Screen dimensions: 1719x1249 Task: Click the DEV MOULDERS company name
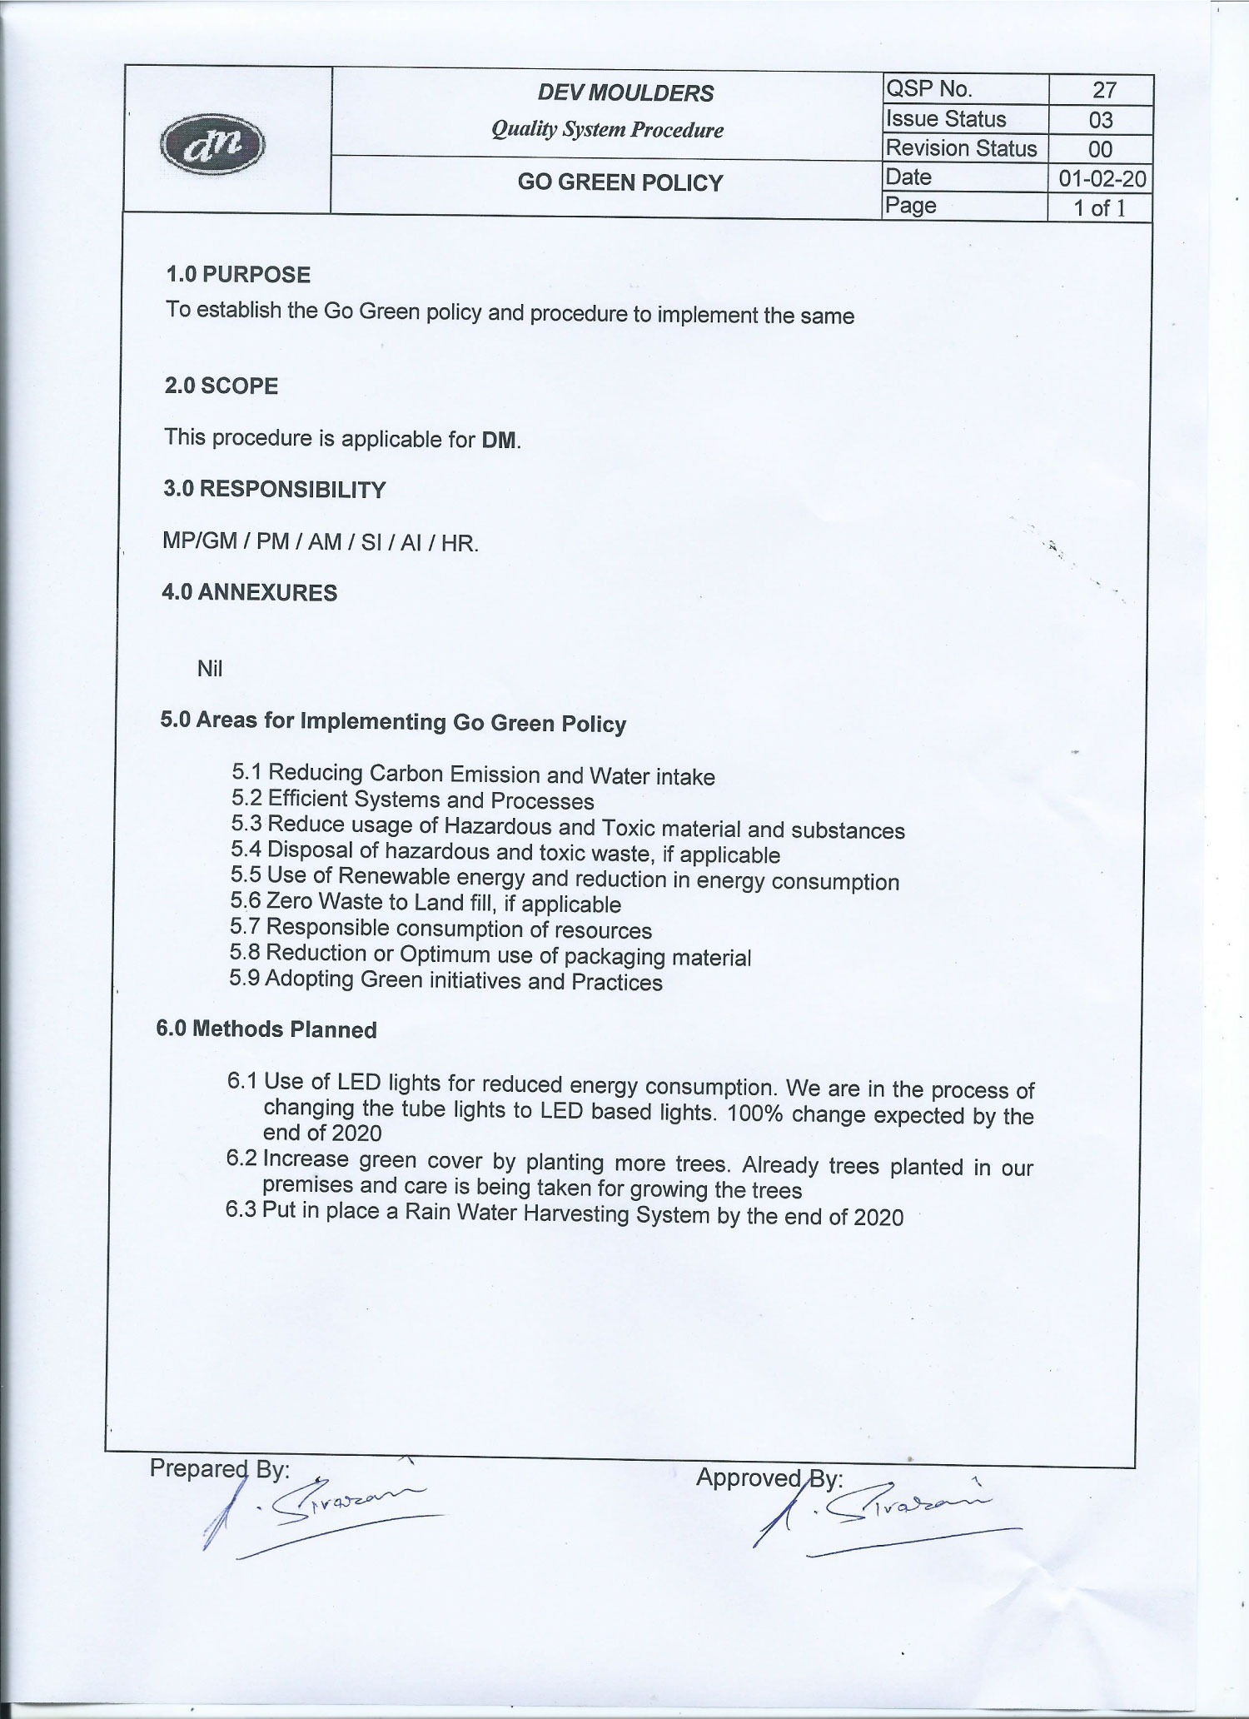coord(625,92)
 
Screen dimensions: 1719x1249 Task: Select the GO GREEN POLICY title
coord(620,182)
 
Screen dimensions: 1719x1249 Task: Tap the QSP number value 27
coord(1103,90)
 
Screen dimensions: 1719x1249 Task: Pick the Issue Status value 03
coord(1101,120)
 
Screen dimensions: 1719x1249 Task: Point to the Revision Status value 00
coord(1100,149)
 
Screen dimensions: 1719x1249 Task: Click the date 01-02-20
coord(1102,178)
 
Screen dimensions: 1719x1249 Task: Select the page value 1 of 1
coord(1099,207)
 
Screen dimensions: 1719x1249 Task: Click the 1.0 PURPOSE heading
coord(238,275)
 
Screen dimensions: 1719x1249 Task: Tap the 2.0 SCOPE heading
coord(221,386)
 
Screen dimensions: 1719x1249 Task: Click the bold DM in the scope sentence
coord(499,440)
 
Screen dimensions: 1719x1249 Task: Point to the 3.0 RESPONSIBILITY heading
coord(275,489)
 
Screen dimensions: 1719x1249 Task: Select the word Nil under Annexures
coord(210,669)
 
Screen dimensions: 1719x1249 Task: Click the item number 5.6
coord(246,901)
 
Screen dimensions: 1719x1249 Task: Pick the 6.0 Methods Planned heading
coord(266,1029)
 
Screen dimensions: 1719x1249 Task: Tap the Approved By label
coord(769,1478)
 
